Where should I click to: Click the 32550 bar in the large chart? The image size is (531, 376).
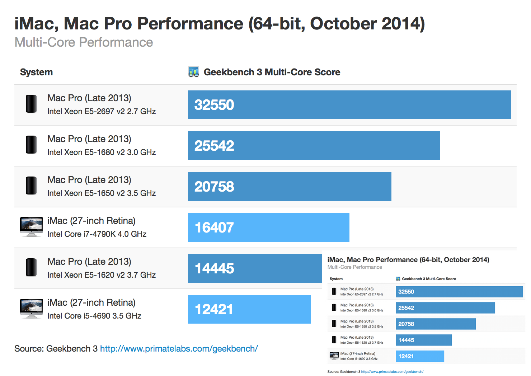point(349,105)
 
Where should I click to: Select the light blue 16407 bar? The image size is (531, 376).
point(268,227)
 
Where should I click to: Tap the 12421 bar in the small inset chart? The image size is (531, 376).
point(420,356)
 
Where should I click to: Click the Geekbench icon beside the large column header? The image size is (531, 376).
point(194,72)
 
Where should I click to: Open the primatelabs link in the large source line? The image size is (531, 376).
point(179,349)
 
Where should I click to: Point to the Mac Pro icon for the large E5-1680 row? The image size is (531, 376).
point(31,145)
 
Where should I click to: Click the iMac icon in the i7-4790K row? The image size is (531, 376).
point(32,227)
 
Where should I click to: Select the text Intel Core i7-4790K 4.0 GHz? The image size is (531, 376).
point(97,234)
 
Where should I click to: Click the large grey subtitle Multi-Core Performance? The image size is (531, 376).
point(84,42)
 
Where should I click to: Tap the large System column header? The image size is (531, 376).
point(36,72)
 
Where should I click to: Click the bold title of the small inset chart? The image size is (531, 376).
point(408,260)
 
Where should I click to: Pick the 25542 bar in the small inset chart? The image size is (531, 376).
point(445,308)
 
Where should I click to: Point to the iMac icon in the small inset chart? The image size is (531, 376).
point(334,356)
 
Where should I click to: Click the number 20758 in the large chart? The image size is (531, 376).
point(214,187)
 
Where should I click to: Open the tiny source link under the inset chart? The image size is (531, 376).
point(392,372)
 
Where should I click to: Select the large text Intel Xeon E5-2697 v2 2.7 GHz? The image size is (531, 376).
point(102,112)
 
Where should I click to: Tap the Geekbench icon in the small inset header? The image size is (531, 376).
point(398,279)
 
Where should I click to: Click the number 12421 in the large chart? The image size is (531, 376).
point(214,309)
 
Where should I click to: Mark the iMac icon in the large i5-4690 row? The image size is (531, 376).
point(32,309)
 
